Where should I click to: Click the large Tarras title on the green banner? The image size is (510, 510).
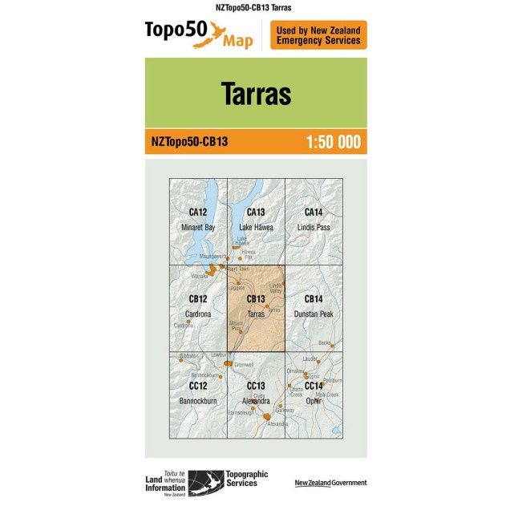pyautogui.click(x=255, y=93)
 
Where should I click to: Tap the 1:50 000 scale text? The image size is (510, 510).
pyautogui.click(x=333, y=143)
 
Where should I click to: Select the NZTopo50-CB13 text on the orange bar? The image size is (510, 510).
pyautogui.click(x=189, y=143)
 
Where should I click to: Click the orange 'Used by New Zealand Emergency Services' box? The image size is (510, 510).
pyautogui.click(x=318, y=34)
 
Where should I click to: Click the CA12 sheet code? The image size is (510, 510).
pyautogui.click(x=198, y=212)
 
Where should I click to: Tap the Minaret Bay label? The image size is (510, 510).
pyautogui.click(x=198, y=228)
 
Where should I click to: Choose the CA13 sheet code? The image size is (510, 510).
pyautogui.click(x=256, y=212)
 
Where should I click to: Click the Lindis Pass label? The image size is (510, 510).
pyautogui.click(x=313, y=228)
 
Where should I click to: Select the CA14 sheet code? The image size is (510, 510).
pyautogui.click(x=313, y=212)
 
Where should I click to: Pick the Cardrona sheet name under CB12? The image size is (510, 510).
pyautogui.click(x=198, y=314)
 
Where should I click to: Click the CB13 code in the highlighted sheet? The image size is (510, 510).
pyautogui.click(x=256, y=300)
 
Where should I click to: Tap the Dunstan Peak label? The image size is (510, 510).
pyautogui.click(x=313, y=314)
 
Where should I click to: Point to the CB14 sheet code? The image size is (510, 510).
pyautogui.click(x=313, y=300)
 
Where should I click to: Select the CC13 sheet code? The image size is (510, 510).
pyautogui.click(x=256, y=386)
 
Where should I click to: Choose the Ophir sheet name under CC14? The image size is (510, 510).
pyautogui.click(x=313, y=399)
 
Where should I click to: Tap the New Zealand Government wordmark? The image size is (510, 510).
pyautogui.click(x=330, y=483)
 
